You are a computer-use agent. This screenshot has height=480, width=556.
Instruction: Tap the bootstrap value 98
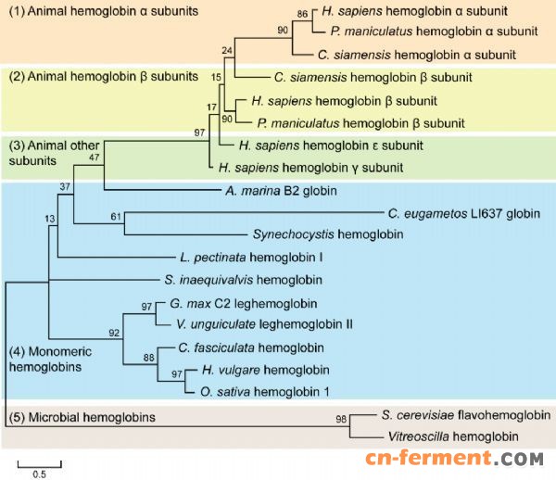click(342, 420)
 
